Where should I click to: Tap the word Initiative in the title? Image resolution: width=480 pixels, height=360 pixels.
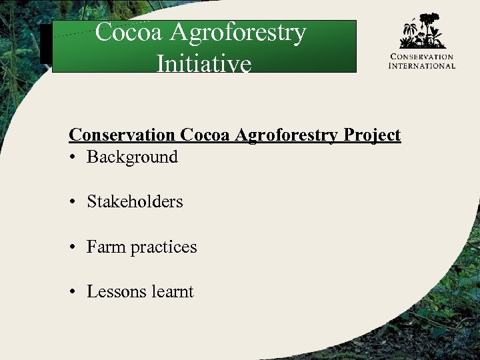(203, 63)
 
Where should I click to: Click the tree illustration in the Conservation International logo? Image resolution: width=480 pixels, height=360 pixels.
(422, 32)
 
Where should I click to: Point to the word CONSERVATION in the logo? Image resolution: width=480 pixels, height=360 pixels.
(422, 57)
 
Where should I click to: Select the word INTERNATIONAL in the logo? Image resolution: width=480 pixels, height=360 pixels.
(422, 66)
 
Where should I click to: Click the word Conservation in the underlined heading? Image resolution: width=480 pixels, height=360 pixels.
(122, 135)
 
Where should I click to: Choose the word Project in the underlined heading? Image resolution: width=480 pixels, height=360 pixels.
(372, 135)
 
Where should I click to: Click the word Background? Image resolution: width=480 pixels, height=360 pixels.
(132, 157)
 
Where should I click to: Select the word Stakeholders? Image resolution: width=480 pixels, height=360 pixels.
(135, 202)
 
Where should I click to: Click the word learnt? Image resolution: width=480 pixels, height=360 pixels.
(172, 292)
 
